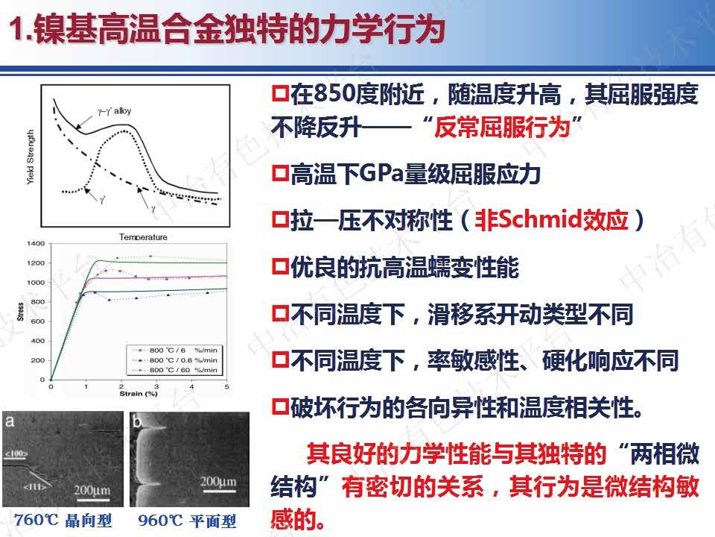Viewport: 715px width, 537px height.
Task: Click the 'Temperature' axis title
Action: pyautogui.click(x=143, y=237)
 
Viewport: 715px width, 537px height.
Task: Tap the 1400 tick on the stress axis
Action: pyautogui.click(x=35, y=244)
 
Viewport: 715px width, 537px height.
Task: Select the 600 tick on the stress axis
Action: pyautogui.click(x=37, y=321)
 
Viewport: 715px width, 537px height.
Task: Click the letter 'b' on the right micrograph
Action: pyautogui.click(x=136, y=421)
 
